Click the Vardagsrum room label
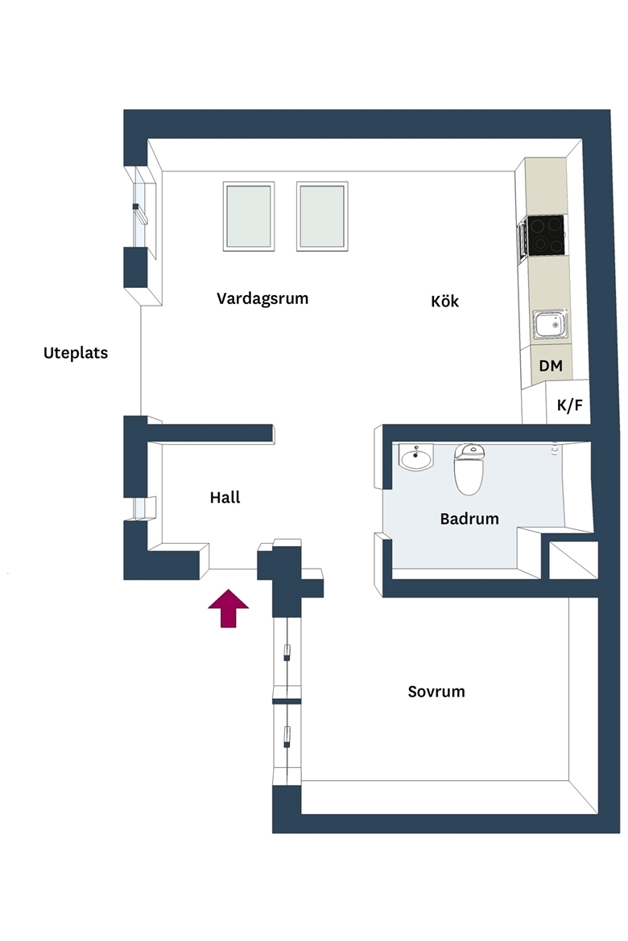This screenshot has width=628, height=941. (262, 299)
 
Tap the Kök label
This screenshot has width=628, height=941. (444, 301)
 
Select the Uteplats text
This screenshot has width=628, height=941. (76, 353)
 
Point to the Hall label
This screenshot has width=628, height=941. (225, 497)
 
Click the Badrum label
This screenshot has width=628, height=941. (469, 519)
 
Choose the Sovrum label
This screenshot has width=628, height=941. (436, 692)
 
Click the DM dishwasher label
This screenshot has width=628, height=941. (551, 365)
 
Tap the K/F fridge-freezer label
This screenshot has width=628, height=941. (570, 405)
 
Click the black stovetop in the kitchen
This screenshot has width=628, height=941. (546, 235)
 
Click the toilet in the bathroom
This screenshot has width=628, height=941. (469, 469)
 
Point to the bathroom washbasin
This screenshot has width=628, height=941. (416, 458)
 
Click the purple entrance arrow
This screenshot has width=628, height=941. (229, 609)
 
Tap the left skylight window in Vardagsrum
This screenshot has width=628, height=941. (249, 216)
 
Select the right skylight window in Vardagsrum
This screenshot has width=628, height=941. (322, 216)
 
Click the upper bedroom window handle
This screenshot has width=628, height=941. (287, 652)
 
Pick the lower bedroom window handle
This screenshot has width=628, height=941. (287, 737)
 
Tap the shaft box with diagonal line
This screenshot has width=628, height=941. (573, 561)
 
